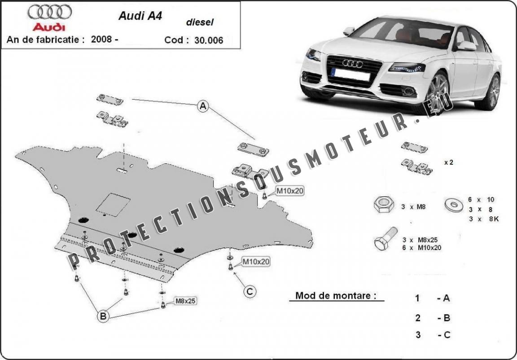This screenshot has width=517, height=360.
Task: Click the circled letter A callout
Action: click(x=203, y=106)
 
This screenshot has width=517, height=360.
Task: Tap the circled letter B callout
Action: click(x=103, y=317)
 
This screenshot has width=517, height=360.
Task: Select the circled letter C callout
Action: click(x=250, y=292)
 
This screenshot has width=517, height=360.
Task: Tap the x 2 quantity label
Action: click(x=448, y=162)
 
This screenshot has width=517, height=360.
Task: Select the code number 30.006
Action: click(x=208, y=40)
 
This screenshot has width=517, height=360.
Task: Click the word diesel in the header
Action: click(x=200, y=21)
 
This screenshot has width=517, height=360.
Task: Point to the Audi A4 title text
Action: click(x=140, y=16)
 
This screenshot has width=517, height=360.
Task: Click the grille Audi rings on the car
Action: click(x=352, y=64)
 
